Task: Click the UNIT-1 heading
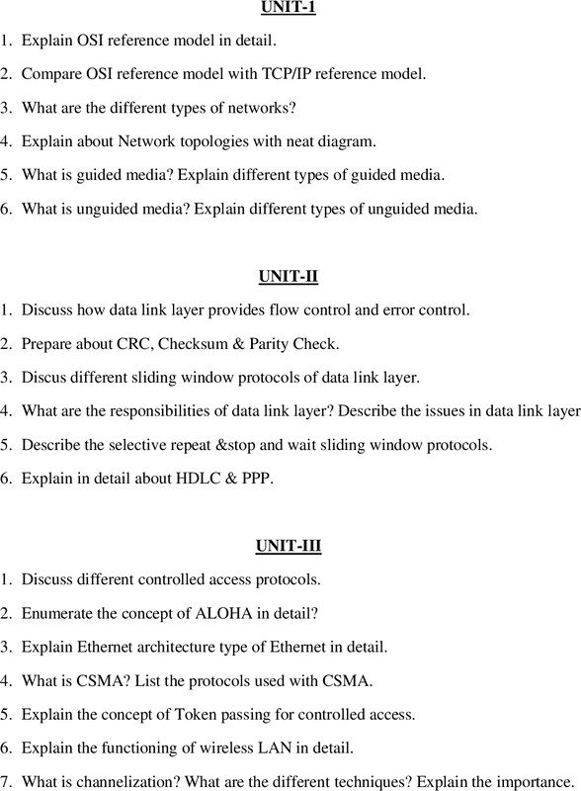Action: point(289,9)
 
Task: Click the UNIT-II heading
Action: point(289,276)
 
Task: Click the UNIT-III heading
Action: point(289,545)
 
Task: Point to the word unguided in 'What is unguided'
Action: point(111,209)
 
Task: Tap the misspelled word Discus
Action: point(44,378)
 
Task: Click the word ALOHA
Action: point(215,613)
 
